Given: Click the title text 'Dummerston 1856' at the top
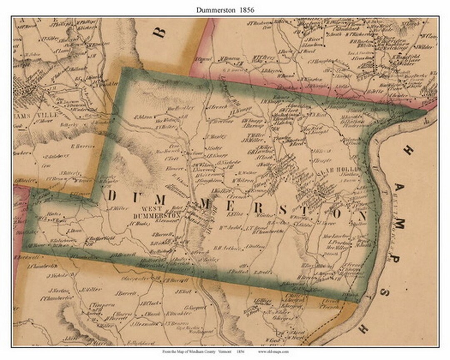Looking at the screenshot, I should pos(225,9).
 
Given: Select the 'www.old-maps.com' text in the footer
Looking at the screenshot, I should pos(273,352).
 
